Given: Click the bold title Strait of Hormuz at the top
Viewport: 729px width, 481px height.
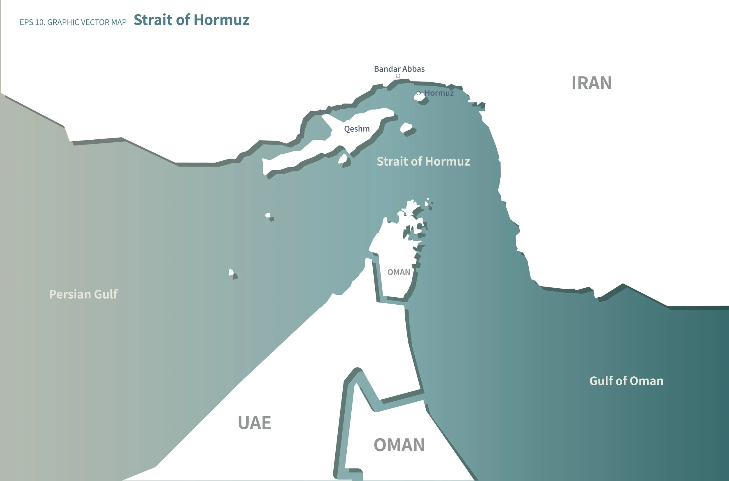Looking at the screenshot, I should pos(192,20).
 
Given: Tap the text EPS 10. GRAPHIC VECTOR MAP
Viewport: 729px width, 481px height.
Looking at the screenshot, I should pos(73,22).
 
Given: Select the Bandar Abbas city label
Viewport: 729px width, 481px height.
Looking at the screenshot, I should pos(399,69).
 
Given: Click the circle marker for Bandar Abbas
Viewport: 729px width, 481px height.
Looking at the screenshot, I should pos(398,76).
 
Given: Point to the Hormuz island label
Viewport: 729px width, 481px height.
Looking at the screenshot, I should pos(439,93).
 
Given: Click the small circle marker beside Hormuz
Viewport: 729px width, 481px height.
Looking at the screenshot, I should pos(418,93).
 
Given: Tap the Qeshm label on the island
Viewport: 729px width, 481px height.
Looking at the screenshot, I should pos(357,129).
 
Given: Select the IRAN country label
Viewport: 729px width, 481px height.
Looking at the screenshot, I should pos(592,83).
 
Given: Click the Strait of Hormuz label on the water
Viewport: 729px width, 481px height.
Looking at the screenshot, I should pos(423,161).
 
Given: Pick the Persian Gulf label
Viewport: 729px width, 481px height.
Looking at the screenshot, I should pos(83,294).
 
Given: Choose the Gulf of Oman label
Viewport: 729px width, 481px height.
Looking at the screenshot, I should pos(626,381).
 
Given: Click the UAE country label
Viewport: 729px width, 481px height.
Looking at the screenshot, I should pos(254,423).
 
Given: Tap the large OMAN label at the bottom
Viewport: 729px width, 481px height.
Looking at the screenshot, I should pos(399,445).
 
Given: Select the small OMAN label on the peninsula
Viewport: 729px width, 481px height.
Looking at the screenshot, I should pos(399,272).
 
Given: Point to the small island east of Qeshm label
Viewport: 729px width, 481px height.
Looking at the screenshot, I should pos(406,127).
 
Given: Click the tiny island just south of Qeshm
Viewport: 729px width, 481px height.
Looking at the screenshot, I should pos(342,159).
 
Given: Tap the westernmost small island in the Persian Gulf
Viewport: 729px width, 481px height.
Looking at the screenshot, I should pos(231,272).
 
